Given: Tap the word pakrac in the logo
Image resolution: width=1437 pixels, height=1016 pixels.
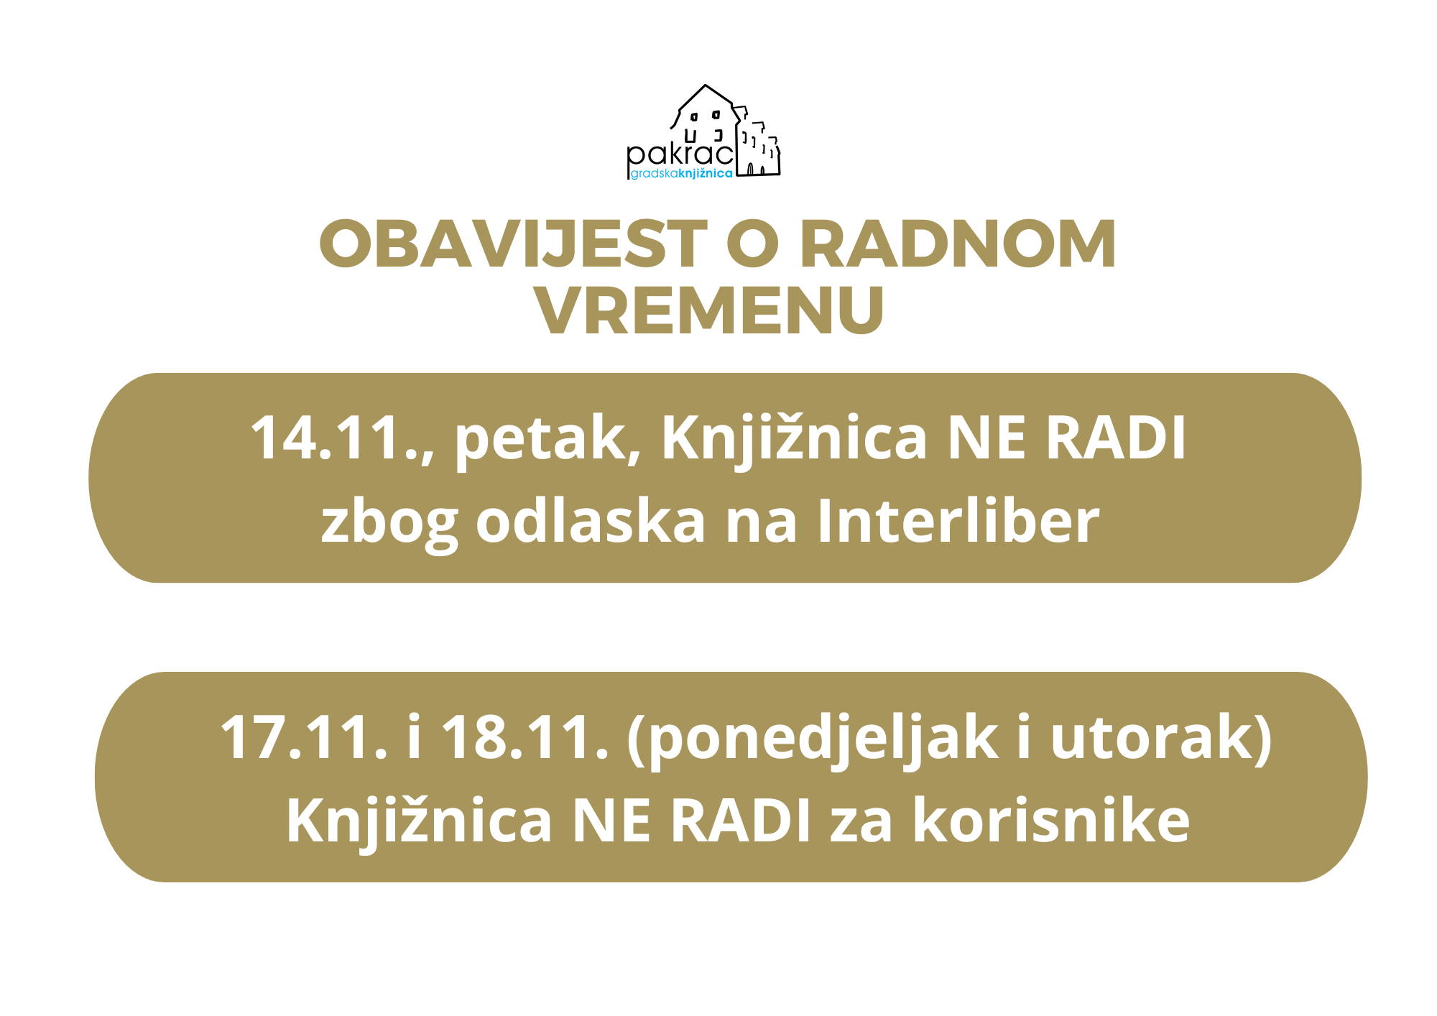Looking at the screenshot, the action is click(x=680, y=154).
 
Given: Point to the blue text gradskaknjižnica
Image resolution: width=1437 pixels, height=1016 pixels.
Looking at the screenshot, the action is click(x=682, y=174).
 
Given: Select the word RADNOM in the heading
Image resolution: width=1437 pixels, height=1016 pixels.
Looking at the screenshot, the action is click(x=958, y=244).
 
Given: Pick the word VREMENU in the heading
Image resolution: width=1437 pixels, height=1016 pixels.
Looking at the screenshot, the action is click(x=709, y=310).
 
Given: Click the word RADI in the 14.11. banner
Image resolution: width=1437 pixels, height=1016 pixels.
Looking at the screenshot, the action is click(x=1116, y=438).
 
